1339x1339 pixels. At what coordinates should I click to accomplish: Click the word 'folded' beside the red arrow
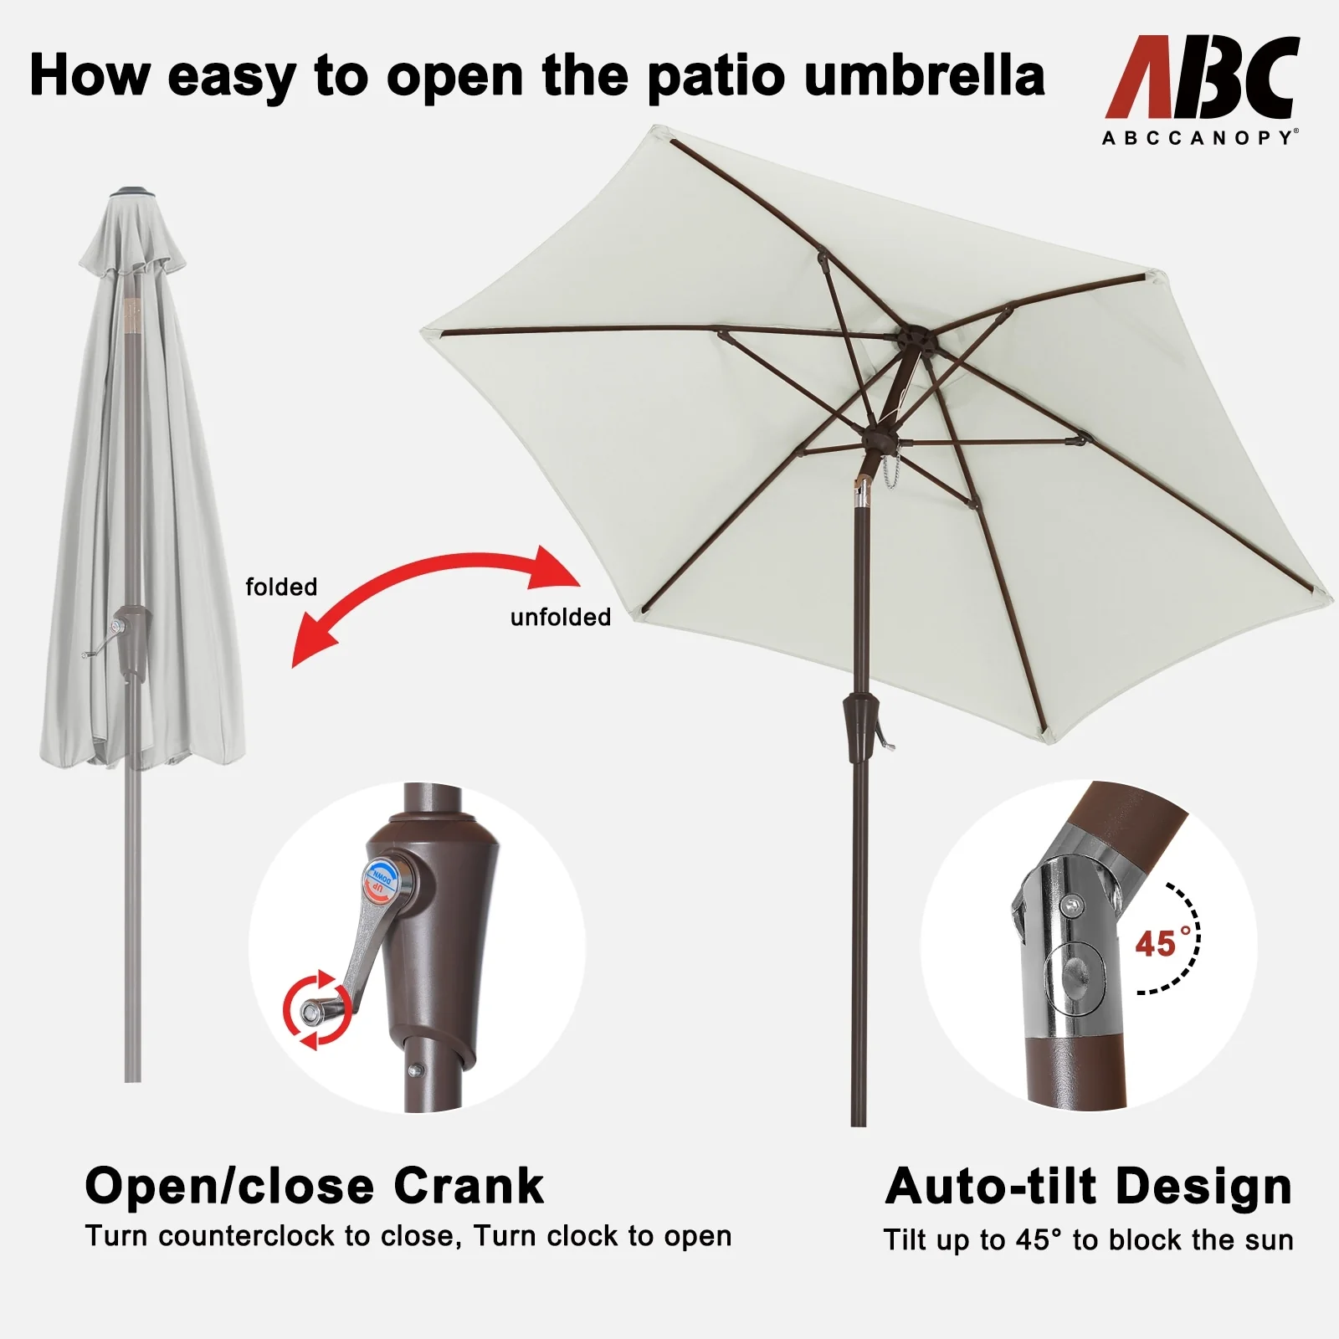(x=281, y=587)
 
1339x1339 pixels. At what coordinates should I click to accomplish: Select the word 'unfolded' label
(x=561, y=617)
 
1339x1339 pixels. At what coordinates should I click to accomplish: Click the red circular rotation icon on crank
(x=313, y=1010)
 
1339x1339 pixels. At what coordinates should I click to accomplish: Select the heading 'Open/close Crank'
(x=315, y=1186)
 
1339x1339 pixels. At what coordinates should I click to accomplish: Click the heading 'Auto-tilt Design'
(x=1089, y=1186)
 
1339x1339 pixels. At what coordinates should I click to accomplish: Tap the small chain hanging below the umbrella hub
(x=890, y=473)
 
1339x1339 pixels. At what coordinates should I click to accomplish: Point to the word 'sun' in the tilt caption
(x=1269, y=1240)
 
